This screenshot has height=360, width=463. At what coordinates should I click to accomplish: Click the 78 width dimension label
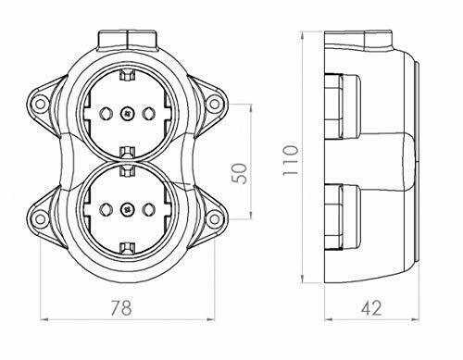pos(121,307)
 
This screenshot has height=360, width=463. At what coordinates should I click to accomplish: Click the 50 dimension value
pos(240,173)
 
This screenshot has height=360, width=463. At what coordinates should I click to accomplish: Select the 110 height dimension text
pos(291,160)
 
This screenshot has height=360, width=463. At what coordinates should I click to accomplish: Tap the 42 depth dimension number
pos(371,307)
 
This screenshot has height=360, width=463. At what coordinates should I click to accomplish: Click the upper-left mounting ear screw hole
pos(40,104)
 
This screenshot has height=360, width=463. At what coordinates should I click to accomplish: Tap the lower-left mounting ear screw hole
pos(40,218)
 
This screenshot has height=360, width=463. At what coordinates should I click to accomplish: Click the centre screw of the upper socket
pos(127,114)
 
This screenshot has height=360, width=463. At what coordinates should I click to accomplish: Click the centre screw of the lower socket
pos(127,209)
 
